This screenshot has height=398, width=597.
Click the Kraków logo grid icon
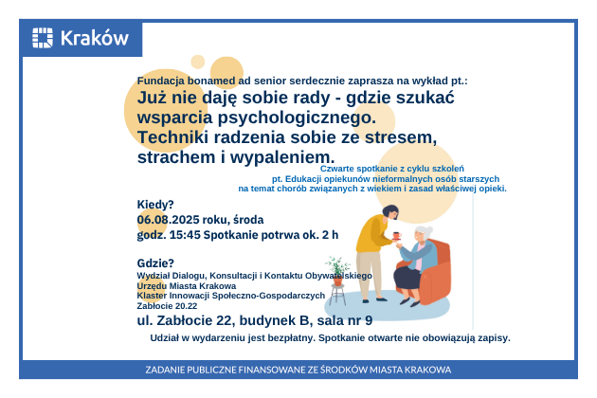click(43, 38)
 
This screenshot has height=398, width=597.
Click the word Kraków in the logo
click(95, 38)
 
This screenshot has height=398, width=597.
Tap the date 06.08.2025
click(169, 220)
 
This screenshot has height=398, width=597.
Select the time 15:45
click(185, 235)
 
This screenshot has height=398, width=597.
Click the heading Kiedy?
click(155, 205)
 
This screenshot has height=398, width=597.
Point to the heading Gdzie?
click(155, 263)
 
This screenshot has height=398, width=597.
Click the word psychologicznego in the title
click(297, 118)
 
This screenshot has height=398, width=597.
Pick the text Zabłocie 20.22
click(167, 306)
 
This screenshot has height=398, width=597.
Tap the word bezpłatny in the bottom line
click(295, 338)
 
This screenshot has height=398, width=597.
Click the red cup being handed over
click(397, 236)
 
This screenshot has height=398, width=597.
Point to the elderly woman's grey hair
click(425, 231)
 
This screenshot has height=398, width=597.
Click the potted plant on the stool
click(337, 271)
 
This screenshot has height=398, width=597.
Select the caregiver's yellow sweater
click(372, 233)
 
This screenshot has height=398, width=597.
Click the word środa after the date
click(248, 220)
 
